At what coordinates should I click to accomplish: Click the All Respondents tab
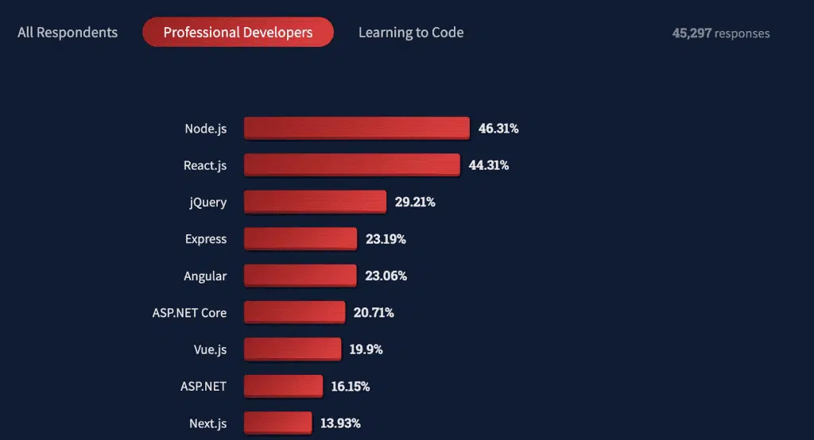68,33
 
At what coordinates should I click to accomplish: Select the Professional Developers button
238,33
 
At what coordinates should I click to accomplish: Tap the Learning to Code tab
411,33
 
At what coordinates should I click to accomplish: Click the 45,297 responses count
720,33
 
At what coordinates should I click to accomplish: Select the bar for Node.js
356,128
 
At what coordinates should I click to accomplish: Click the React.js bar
351,165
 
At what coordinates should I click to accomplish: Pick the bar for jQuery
315,202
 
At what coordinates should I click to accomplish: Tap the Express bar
300,239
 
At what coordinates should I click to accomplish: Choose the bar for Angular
300,276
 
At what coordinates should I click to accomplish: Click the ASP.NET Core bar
294,312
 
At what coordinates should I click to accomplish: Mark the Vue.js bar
292,349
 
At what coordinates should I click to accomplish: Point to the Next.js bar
277,423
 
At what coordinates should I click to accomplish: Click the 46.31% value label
498,128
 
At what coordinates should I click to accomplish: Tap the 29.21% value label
415,202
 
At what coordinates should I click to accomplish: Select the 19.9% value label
366,349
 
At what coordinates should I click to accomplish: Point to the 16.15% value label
351,387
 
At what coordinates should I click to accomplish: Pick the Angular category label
205,276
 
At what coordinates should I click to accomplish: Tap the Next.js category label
207,423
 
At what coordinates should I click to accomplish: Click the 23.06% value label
386,276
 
